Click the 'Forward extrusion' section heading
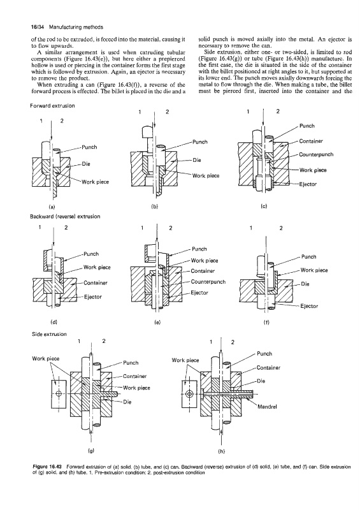pos(52,106)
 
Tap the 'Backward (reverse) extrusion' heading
pos(65,217)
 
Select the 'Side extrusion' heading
pos(49,334)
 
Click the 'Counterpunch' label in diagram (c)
pos(316,154)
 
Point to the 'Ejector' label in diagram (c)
pos(308,184)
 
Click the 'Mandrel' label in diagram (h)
pos(267,407)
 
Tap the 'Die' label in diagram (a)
pos(85,164)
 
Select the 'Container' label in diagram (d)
pos(96,283)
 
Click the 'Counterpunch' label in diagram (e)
pos(208,282)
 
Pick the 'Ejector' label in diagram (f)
pos(309,306)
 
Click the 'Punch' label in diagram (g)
pos(131,363)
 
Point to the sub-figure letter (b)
pos(155,206)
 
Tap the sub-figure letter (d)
pos(54,323)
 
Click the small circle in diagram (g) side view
pos(59,394)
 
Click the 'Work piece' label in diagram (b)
pos(206,176)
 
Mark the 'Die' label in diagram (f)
pos(305,284)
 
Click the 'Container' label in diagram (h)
pos(268,368)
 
